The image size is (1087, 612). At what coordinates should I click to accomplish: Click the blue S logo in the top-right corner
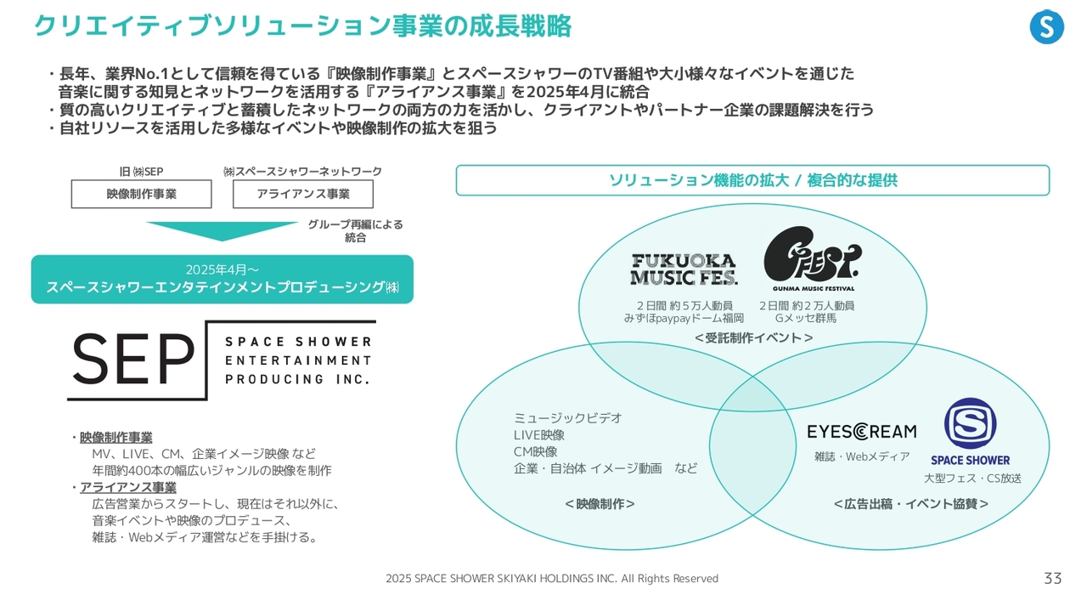click(x=1046, y=27)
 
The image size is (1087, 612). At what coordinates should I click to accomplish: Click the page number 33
click(x=1052, y=579)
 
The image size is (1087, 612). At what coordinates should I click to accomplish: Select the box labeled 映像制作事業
click(x=141, y=194)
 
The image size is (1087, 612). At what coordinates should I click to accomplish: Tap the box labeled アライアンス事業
click(x=303, y=194)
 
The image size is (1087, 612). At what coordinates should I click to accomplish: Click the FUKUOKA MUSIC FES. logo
click(x=684, y=269)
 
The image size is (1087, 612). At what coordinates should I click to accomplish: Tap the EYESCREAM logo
click(x=861, y=432)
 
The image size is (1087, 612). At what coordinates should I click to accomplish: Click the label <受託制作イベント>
click(x=753, y=338)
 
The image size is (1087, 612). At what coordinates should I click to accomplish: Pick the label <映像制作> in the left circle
click(x=600, y=504)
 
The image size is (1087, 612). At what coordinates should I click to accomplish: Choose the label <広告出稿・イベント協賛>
click(x=910, y=504)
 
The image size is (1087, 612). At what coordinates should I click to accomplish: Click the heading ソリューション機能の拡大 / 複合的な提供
click(x=752, y=180)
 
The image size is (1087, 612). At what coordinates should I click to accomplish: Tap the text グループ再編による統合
click(x=355, y=231)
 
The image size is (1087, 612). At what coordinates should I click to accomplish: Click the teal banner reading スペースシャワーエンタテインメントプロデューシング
click(x=222, y=280)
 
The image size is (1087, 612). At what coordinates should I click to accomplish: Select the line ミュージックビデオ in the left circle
click(x=567, y=418)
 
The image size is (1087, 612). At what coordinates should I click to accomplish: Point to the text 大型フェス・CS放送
click(x=972, y=479)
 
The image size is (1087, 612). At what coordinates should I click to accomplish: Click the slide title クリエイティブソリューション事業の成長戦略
click(x=302, y=26)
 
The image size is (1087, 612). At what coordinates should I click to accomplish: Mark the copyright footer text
click(x=551, y=579)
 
